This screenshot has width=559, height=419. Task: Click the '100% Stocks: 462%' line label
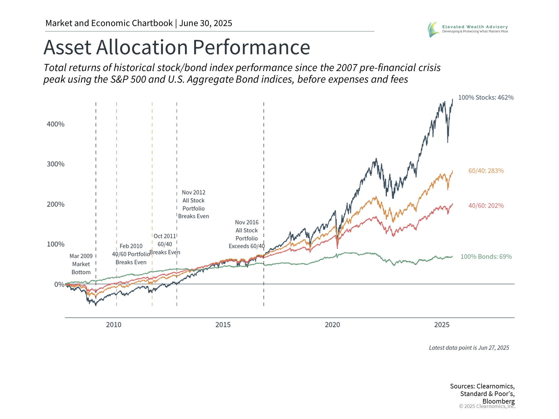pos(486,97)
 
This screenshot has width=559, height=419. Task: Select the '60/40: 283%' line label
pos(486,171)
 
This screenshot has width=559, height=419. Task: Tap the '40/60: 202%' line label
pos(486,206)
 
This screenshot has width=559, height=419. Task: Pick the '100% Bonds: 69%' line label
pos(486,257)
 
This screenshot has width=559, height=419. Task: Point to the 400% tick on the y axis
pos(56,124)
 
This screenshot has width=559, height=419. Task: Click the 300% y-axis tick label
pos(56,164)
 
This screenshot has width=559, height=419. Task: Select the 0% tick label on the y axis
pos(59,284)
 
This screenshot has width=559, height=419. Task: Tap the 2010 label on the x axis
pos(114,325)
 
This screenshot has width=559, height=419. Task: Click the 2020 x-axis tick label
pos(332,325)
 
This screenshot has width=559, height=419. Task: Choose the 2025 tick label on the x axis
pos(442,325)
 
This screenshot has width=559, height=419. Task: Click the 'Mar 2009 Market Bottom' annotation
pos(81,264)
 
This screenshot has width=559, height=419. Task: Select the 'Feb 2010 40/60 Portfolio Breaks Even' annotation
pos(131,254)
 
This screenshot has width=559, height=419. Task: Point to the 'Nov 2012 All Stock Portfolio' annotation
pos(194,204)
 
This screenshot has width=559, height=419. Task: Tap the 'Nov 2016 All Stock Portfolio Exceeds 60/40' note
pos(247,234)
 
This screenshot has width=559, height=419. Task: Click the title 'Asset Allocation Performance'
pos(177,47)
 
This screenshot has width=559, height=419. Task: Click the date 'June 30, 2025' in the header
pos(206,23)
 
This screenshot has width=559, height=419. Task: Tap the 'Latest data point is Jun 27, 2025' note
pos(469,348)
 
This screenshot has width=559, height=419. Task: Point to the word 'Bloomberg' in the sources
pos(498,401)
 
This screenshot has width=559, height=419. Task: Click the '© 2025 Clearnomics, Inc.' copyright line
pos(487,406)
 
